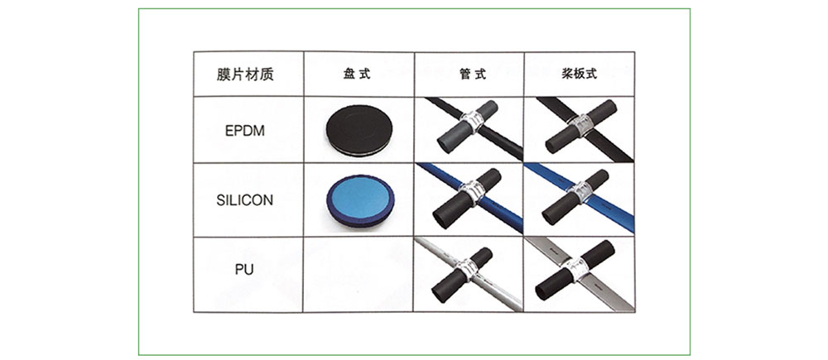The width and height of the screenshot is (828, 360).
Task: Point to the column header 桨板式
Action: tap(579, 74)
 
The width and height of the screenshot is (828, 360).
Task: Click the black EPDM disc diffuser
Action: tap(359, 130)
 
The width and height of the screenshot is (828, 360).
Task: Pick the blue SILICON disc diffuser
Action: tap(359, 200)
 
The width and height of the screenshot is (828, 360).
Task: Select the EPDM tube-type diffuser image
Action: tap(469, 129)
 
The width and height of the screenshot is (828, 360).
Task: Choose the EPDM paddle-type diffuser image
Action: tap(579, 129)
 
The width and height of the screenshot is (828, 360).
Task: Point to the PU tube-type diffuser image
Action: tap(469, 274)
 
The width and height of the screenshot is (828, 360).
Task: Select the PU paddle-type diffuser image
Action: tap(579, 274)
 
